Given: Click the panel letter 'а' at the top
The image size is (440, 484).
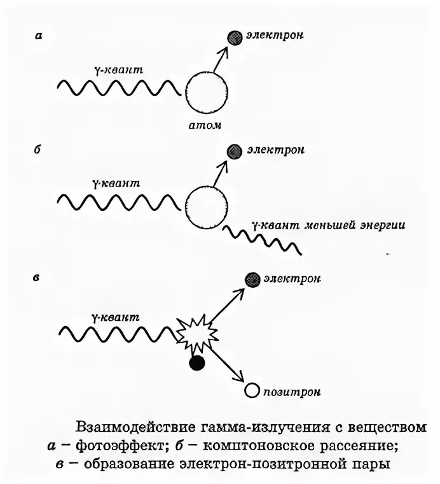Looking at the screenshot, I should (x=39, y=36).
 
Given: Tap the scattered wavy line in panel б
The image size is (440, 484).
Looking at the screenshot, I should (x=260, y=240).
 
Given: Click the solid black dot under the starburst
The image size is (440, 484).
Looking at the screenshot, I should (x=197, y=364).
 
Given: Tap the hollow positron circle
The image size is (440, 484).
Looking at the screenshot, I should (x=252, y=390).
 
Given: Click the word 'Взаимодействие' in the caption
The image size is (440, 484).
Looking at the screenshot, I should (x=136, y=425).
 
